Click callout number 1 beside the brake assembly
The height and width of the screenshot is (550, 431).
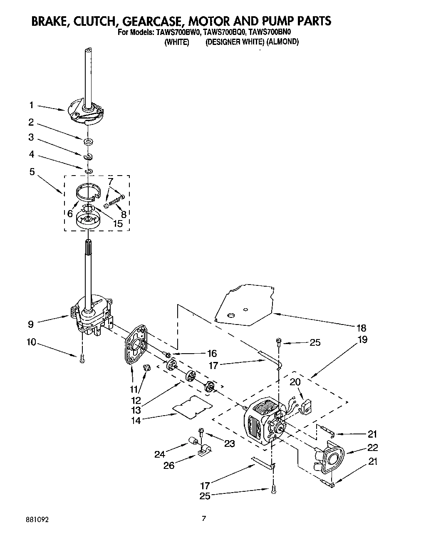(x=31, y=106)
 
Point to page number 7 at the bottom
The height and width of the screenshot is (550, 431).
(x=204, y=518)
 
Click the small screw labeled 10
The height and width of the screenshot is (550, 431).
(x=82, y=357)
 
